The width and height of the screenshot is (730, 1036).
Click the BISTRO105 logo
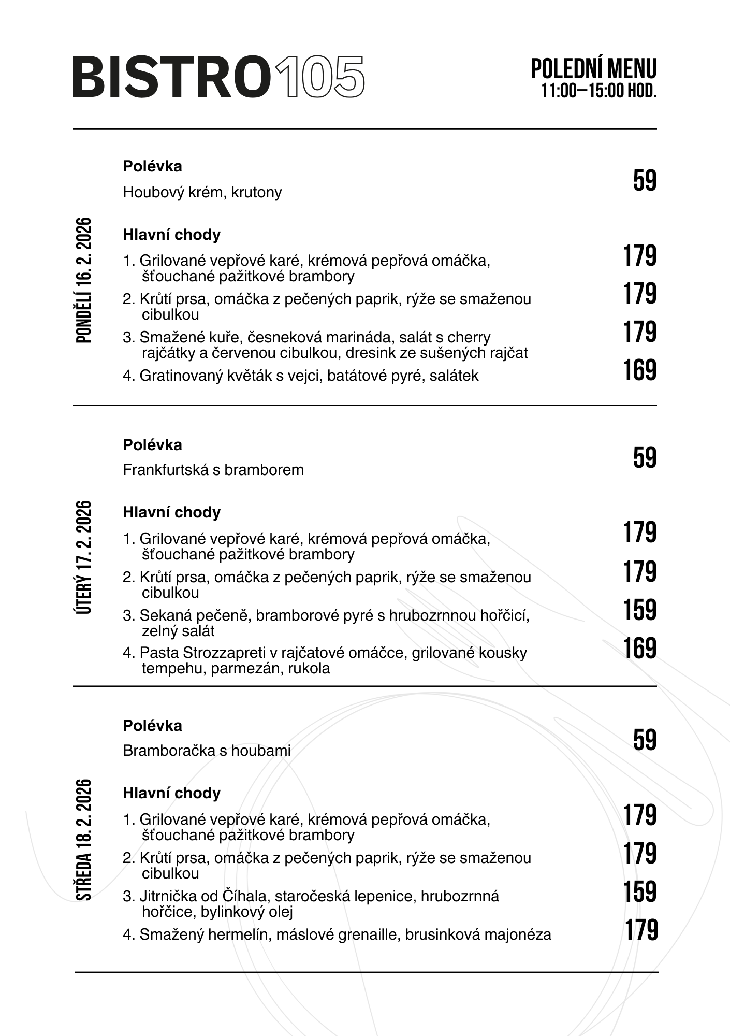[x=218, y=77]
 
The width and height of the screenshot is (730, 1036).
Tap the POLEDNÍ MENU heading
[x=593, y=69]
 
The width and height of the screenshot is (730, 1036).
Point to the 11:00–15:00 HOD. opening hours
[x=599, y=91]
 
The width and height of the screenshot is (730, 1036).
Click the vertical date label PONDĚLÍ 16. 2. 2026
[x=84, y=280]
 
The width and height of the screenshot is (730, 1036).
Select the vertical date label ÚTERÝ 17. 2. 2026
[x=84, y=557]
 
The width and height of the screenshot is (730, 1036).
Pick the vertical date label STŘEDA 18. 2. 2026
[x=84, y=839]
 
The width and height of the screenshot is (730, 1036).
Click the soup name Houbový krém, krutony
[x=202, y=192]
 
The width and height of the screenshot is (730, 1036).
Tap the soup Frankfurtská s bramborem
[x=213, y=470]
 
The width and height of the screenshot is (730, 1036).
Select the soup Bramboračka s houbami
[x=207, y=750]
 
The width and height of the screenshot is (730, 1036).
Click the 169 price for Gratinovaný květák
[x=639, y=370]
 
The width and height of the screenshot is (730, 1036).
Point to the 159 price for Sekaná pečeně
[x=639, y=610]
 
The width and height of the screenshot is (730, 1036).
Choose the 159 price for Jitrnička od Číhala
[x=639, y=892]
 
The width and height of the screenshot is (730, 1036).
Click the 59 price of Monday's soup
[x=645, y=181]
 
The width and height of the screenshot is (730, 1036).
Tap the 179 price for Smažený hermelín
[x=641, y=930]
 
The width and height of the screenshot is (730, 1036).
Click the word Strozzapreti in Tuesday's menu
[x=223, y=653]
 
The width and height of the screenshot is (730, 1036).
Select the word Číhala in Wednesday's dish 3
[x=244, y=896]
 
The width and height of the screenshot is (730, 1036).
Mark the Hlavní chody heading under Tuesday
[x=171, y=512]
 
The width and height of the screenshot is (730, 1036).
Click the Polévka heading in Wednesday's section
[x=152, y=726]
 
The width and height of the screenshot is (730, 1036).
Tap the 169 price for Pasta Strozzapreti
[x=639, y=649]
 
